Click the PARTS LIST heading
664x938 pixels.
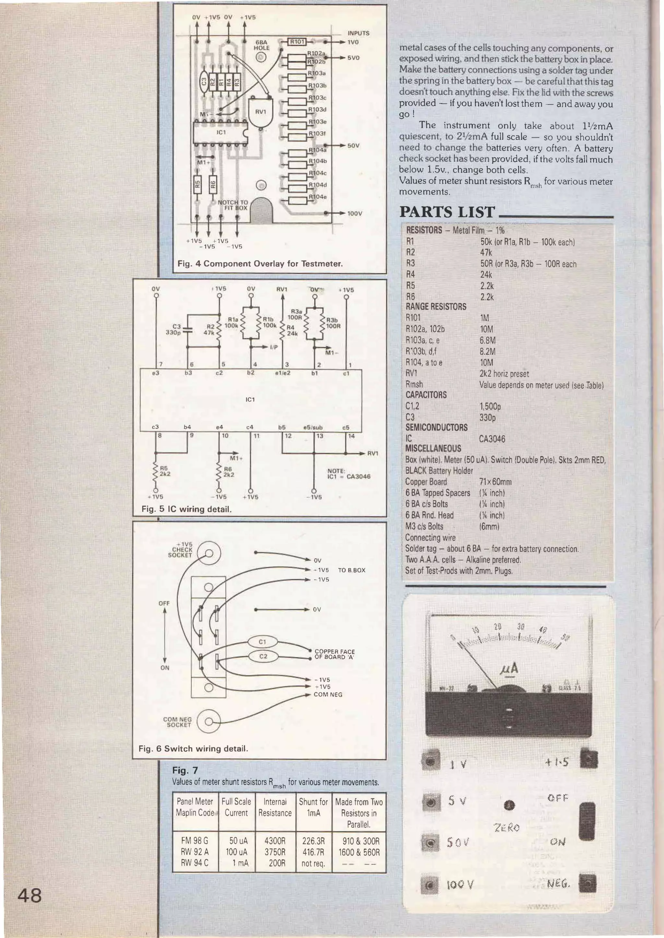(447, 212)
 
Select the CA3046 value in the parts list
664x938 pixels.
(492, 439)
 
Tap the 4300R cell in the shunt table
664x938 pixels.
(275, 841)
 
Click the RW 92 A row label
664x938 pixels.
(195, 852)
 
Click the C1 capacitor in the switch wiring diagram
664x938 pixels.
(263, 642)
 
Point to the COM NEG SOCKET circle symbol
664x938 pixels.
(208, 721)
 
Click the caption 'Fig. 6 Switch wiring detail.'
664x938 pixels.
(193, 749)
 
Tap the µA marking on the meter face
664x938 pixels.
(509, 669)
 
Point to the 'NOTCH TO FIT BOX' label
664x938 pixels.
(233, 205)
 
